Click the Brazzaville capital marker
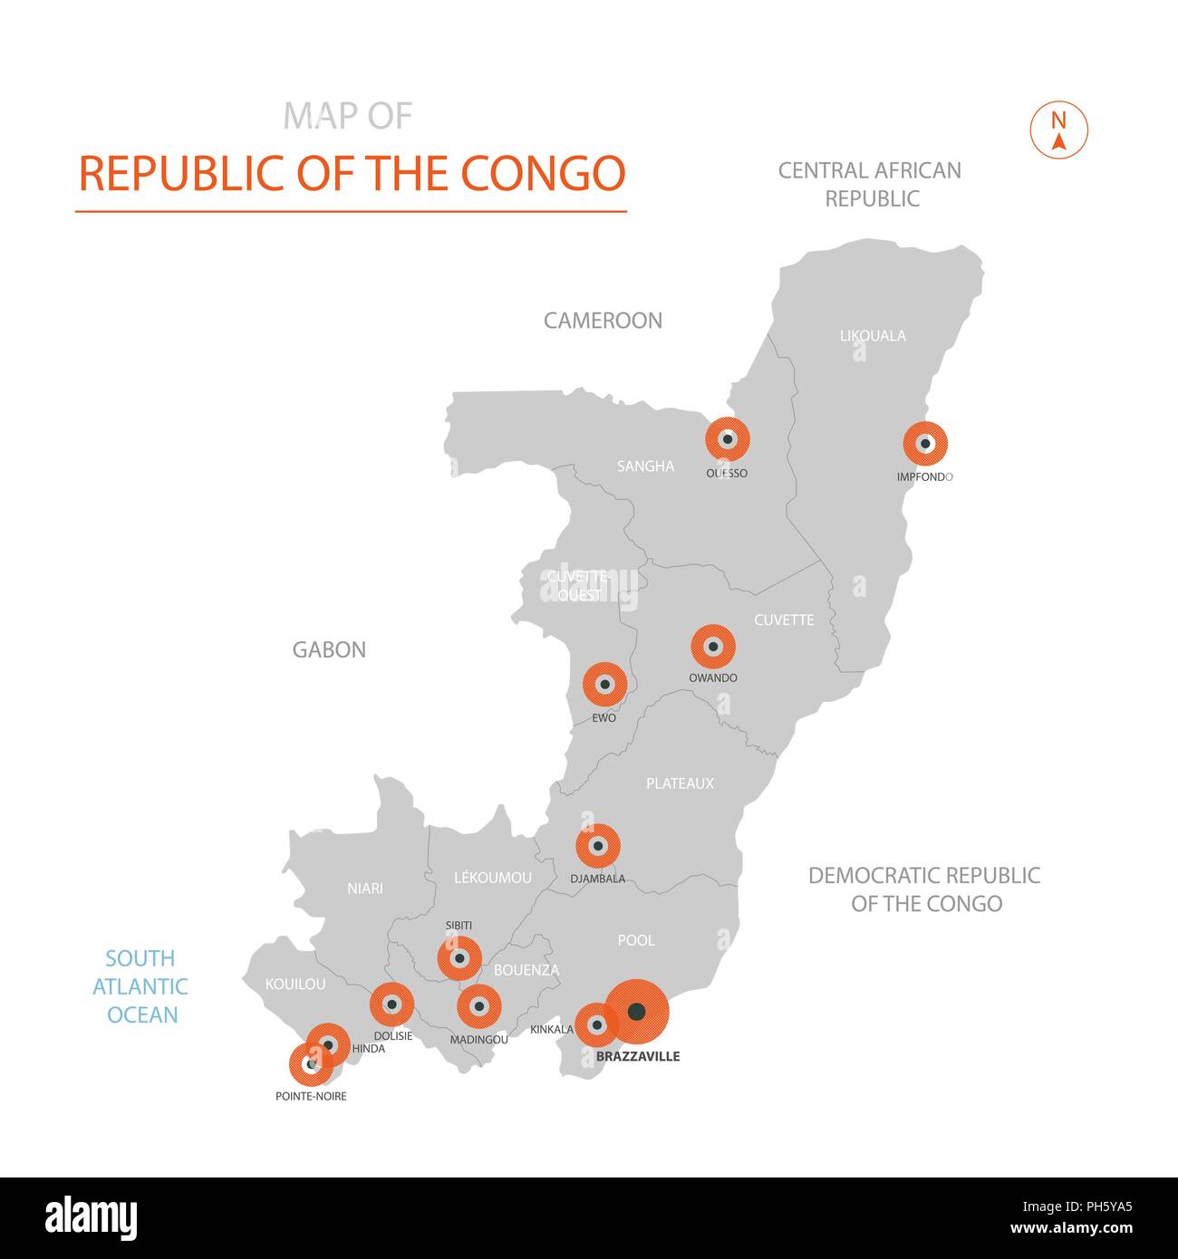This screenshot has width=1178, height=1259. click(637, 1012)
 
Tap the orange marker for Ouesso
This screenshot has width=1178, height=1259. click(727, 440)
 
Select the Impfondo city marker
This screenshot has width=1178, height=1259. click(925, 445)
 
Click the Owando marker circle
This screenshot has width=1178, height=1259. click(713, 647)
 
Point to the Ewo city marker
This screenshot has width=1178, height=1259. click(604, 685)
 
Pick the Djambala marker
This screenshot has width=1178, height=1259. click(598, 847)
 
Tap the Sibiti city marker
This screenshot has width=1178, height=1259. click(459, 958)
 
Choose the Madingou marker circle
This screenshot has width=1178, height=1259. click(478, 1006)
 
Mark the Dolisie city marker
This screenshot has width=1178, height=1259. click(392, 1004)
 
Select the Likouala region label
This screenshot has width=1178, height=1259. click(873, 336)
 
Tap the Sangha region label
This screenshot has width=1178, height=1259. click(645, 466)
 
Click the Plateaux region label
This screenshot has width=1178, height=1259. click(680, 783)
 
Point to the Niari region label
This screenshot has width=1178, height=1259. click(365, 889)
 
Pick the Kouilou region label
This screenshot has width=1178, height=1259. click(295, 984)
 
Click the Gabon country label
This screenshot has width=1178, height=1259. click(329, 649)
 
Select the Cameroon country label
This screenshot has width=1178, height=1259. click(603, 320)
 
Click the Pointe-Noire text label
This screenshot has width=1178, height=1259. click(311, 1096)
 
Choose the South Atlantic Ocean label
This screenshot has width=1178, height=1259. click(140, 986)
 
